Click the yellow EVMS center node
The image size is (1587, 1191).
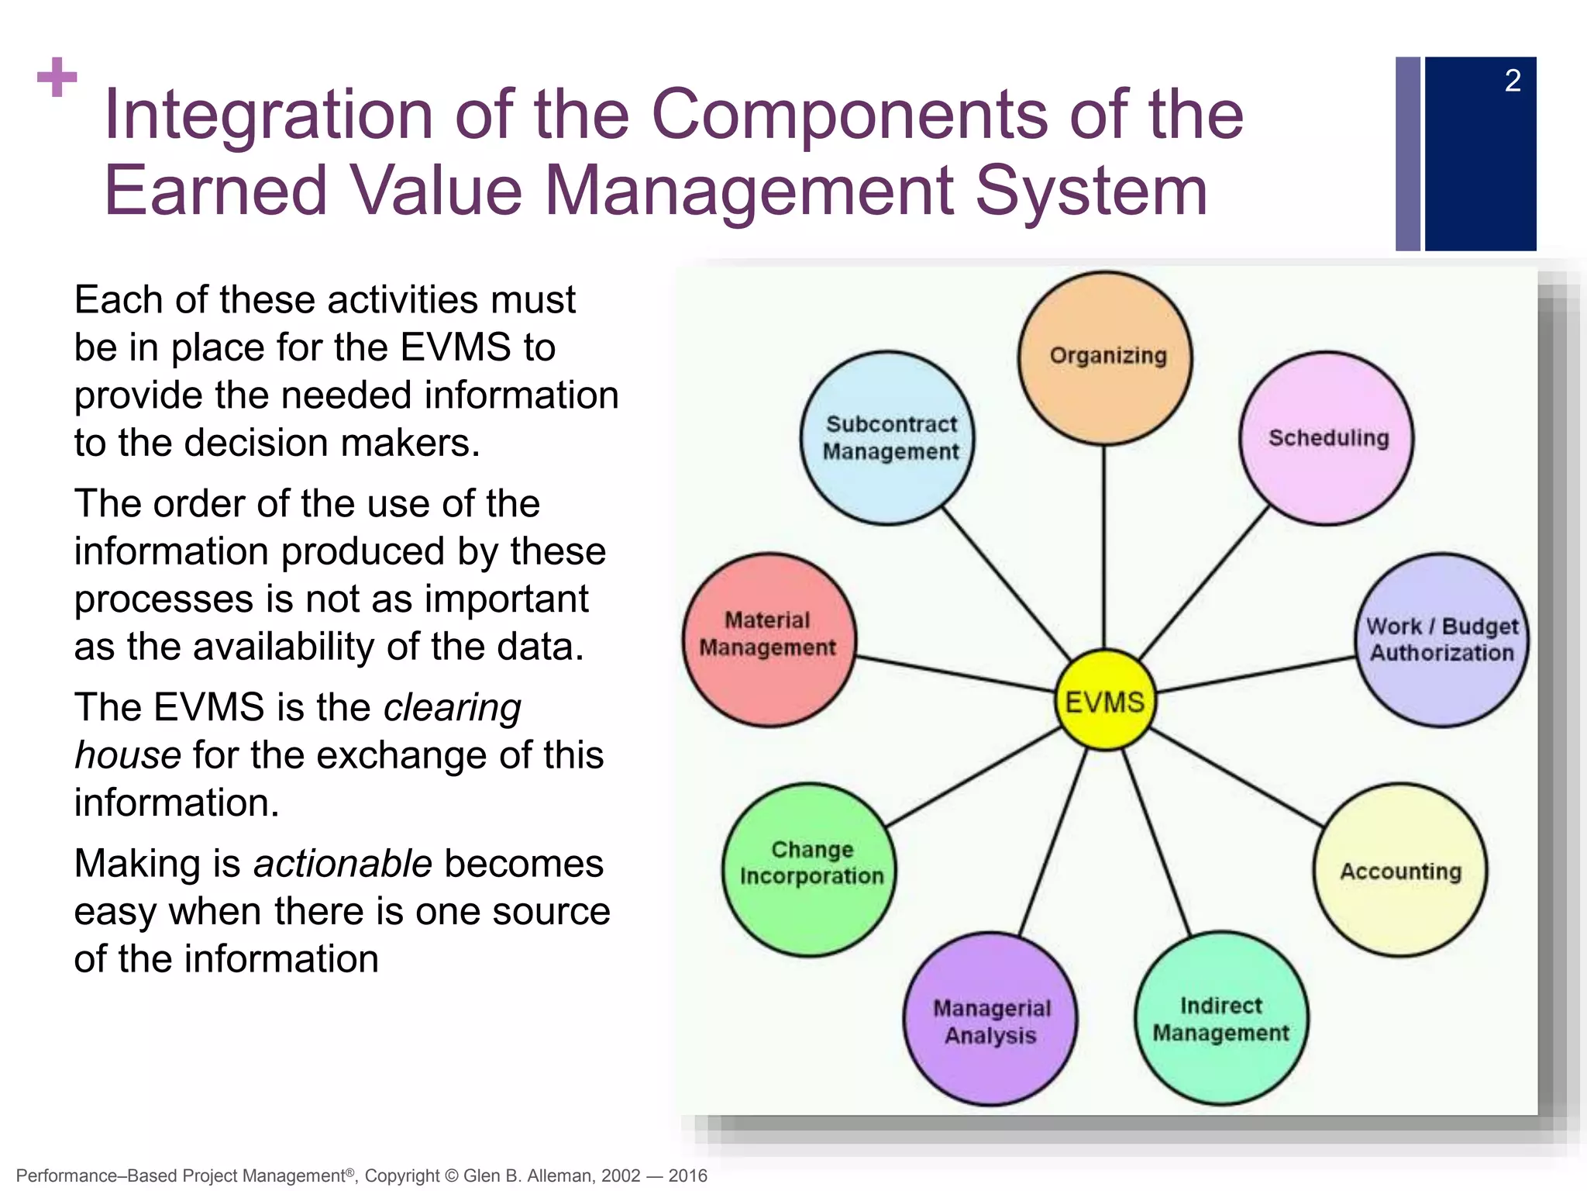pos(1105,701)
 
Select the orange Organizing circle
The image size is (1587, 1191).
pos(1105,358)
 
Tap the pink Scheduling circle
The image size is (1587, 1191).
pos(1327,439)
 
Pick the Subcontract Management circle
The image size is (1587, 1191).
pos(888,439)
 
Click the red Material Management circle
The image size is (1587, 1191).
pos(769,640)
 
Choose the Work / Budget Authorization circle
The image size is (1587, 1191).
pos(1441,640)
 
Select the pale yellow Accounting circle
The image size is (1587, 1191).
pos(1400,870)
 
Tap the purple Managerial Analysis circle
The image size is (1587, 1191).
pos(990,1019)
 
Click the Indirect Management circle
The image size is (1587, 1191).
pos(1221,1019)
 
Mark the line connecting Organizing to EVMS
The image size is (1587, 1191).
pos(1104,547)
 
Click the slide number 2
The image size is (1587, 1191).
pos(1513,81)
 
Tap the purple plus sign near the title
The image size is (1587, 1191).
pos(57,78)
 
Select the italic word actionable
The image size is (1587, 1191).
pos(343,864)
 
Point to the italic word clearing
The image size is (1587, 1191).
pos(453,708)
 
